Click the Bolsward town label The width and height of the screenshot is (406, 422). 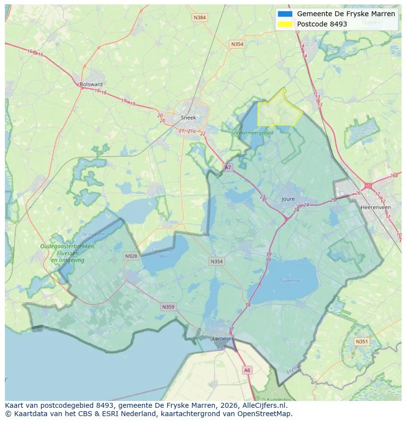tap(91, 84)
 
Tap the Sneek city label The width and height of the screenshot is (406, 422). tap(188, 118)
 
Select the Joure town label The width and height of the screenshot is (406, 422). tap(288, 199)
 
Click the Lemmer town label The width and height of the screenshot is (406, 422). tap(222, 339)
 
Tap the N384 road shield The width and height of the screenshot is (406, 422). tap(200, 18)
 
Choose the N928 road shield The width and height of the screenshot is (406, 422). tap(131, 256)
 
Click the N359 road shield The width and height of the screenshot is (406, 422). tap(168, 307)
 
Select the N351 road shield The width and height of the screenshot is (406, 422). tap(362, 342)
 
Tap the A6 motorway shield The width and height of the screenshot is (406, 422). tap(247, 371)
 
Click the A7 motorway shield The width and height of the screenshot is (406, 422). tap(228, 168)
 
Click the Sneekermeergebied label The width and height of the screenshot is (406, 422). tap(253, 132)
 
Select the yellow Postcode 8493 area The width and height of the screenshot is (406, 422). tap(279, 110)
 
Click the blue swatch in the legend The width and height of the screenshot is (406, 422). tap(284, 14)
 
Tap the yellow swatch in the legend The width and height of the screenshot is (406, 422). tap(284, 24)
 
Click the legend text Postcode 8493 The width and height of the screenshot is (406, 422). tap(322, 24)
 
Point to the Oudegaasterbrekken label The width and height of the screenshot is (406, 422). tap(68, 247)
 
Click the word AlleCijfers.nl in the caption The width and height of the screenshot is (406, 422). tap(263, 405)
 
